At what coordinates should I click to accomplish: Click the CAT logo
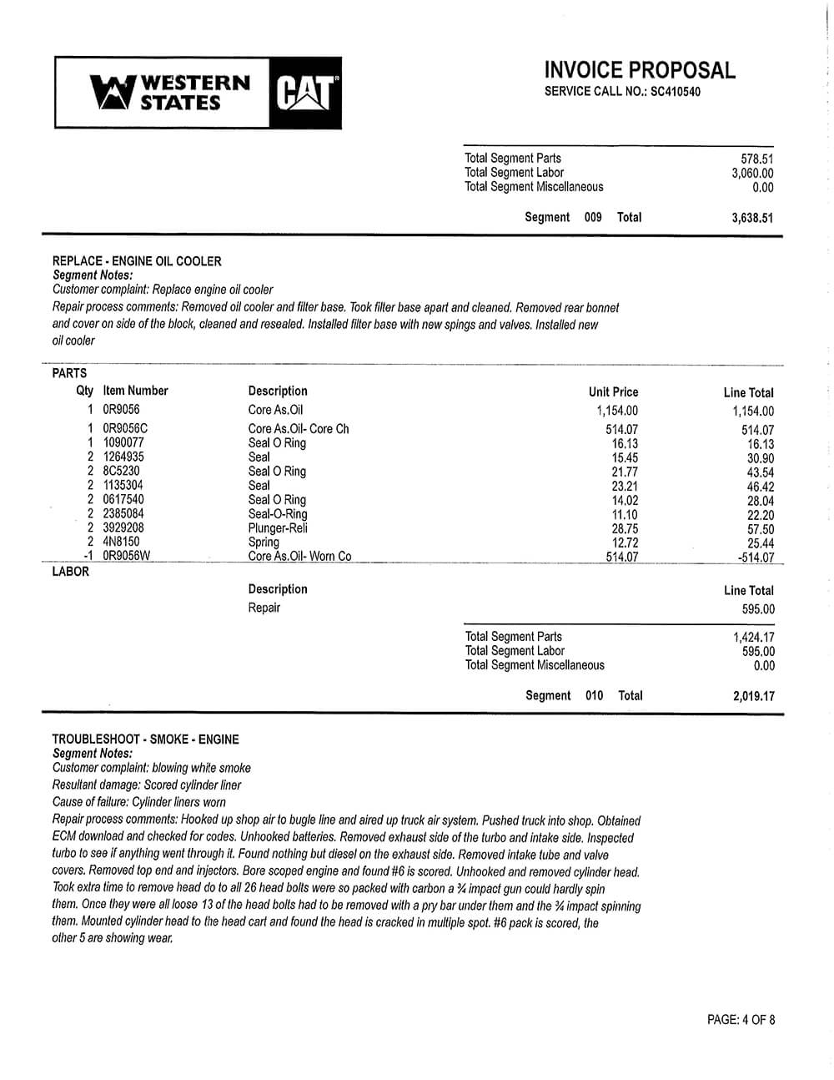coord(306,93)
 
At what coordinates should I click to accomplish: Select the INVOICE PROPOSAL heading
coord(640,70)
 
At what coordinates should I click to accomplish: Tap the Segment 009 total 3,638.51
coord(752,218)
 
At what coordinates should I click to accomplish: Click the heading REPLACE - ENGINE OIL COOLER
coord(137,261)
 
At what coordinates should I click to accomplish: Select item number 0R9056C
coord(125,429)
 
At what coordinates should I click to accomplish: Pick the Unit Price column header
coord(613,391)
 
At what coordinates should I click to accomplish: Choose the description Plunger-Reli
coord(278,528)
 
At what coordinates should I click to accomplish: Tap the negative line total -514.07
coord(756,558)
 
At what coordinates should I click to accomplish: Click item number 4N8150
coord(121,543)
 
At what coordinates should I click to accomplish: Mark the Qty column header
coord(85,391)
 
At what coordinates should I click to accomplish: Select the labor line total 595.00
coord(757,609)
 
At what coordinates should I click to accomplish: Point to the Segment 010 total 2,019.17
coord(753,696)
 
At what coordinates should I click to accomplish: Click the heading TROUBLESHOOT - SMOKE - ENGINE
coord(145,739)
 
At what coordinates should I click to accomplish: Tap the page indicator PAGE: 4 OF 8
coord(741,1019)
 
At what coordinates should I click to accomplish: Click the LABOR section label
coord(70,572)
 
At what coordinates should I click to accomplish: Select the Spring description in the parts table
coord(264,543)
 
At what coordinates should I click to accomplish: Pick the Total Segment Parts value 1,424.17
coord(753,638)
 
